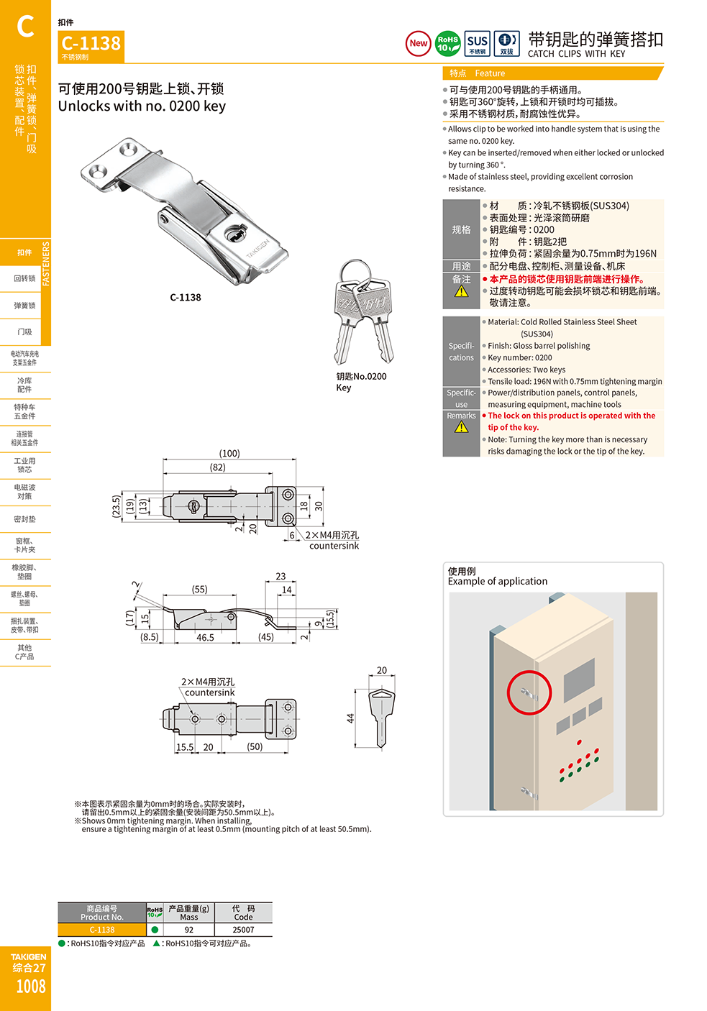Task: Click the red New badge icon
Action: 418,43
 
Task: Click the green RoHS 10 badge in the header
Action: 448,43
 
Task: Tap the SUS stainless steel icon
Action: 478,43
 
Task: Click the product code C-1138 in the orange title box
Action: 91,43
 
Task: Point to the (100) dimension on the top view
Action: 229,453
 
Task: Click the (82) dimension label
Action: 217,467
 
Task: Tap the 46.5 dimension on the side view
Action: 205,637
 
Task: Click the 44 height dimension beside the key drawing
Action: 350,718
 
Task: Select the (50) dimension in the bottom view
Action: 255,746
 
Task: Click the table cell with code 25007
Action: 243,930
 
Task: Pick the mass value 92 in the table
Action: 188,930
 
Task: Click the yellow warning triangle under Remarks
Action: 461,427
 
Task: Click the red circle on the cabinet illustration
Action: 529,692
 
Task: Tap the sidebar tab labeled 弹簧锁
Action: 24,306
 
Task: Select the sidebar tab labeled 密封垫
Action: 24,519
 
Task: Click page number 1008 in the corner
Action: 30,987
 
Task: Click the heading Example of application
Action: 497,581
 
